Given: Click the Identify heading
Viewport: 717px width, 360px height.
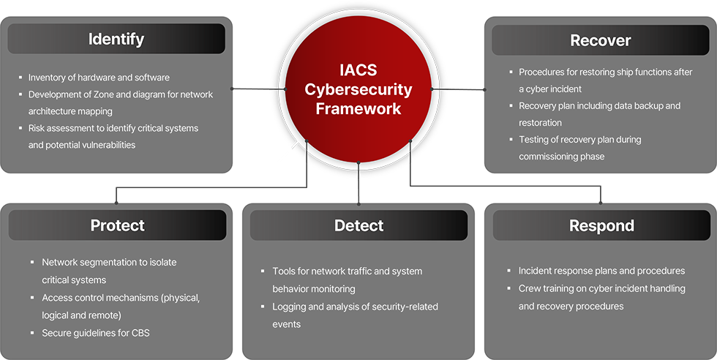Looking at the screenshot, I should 116,39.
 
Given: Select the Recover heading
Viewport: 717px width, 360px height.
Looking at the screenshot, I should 601,40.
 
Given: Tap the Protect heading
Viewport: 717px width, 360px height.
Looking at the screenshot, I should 117,225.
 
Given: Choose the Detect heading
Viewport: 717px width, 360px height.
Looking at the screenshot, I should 358,225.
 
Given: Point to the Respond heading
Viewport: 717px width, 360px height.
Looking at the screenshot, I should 601,226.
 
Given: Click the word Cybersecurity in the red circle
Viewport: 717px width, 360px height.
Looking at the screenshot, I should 358,90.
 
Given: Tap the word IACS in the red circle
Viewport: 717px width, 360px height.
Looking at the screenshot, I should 358,72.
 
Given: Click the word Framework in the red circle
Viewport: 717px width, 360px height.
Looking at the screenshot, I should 358,108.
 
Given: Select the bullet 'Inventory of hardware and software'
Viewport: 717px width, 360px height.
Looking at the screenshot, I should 99,78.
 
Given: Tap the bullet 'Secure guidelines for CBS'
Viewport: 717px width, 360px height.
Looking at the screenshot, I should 95,333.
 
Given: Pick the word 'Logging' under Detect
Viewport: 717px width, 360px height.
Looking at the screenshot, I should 290,307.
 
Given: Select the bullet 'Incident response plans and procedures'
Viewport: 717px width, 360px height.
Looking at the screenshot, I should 601,271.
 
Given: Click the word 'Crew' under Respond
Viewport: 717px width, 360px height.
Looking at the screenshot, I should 530,288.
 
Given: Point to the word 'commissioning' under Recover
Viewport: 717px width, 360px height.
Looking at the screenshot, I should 550,157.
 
